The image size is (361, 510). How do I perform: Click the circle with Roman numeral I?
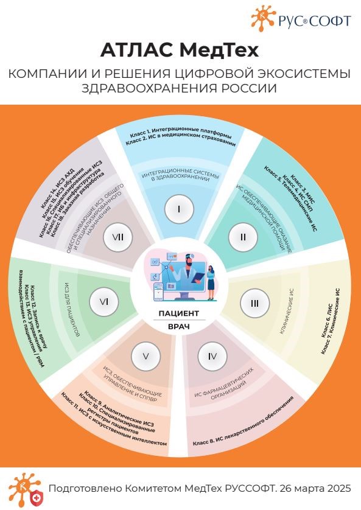tap(179, 209)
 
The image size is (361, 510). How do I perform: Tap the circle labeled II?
tap(243, 237)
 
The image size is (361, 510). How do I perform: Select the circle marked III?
tap(254, 304)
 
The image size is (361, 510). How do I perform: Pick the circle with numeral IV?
tap(212, 357)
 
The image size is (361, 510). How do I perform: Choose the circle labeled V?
tap(145, 357)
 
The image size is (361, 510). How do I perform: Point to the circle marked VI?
tap(103, 302)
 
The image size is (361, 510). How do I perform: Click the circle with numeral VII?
tap(117, 237)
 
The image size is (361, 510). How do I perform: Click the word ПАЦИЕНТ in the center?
tap(178, 313)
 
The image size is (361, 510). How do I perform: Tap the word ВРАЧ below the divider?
tap(178, 327)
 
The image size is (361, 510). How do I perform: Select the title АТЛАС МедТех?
tap(180, 51)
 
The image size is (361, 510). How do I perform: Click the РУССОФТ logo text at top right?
tap(315, 21)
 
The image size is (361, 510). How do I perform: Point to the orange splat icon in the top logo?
tap(263, 18)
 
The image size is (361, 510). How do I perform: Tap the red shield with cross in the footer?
tap(35, 498)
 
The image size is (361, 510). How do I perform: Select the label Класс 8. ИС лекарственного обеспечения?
tap(244, 421)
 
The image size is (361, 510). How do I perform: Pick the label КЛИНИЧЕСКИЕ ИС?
tap(287, 311)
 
